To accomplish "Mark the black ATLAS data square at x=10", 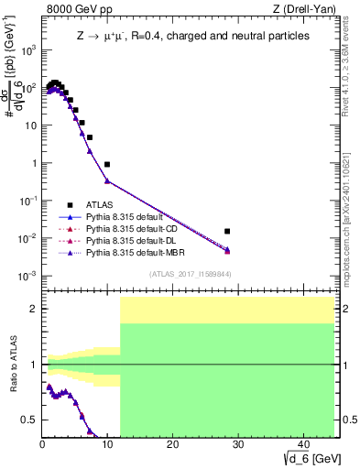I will point(107,165).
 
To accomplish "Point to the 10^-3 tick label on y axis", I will point(27,276).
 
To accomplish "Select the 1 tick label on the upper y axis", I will point(35,163).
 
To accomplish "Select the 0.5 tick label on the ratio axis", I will point(31,420).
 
